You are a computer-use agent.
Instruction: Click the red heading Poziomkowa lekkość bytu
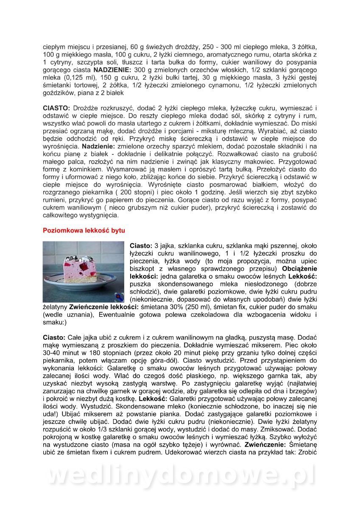[84, 230]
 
